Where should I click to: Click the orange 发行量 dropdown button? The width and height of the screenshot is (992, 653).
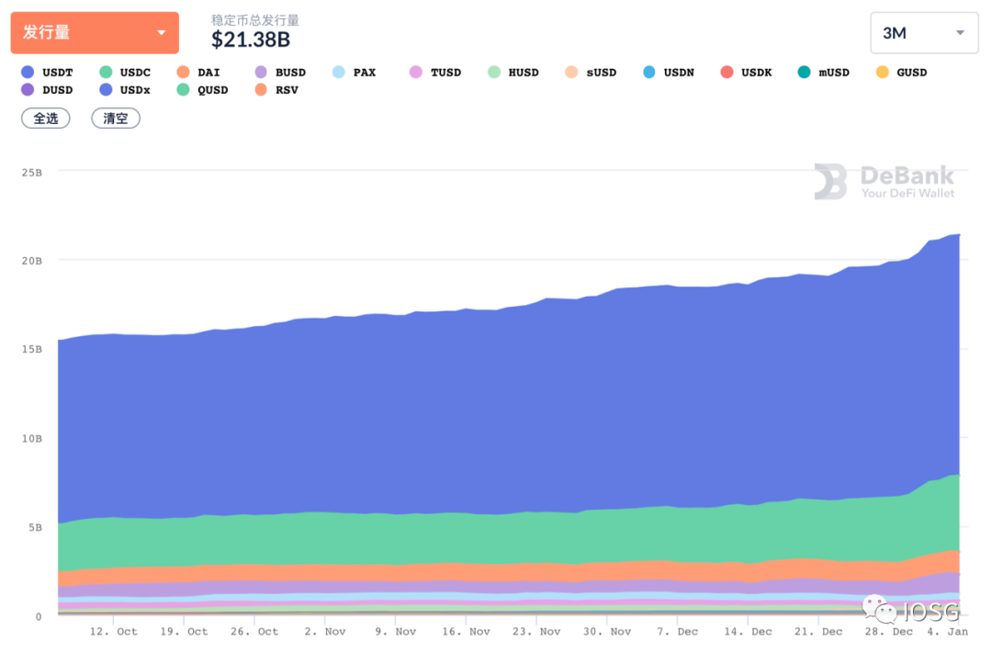point(95,33)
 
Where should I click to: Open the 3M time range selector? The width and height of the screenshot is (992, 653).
point(923,33)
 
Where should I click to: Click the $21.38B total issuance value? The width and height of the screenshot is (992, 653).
point(251,39)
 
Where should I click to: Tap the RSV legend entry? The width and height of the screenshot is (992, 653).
point(276,90)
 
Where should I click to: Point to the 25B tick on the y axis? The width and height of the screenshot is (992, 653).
point(32,172)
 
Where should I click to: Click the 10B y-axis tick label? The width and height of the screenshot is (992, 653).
point(32,439)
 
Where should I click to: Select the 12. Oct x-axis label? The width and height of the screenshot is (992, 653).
point(114,632)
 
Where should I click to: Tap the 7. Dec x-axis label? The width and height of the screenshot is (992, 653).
point(677,632)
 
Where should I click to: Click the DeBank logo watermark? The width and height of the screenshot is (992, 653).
point(884,181)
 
